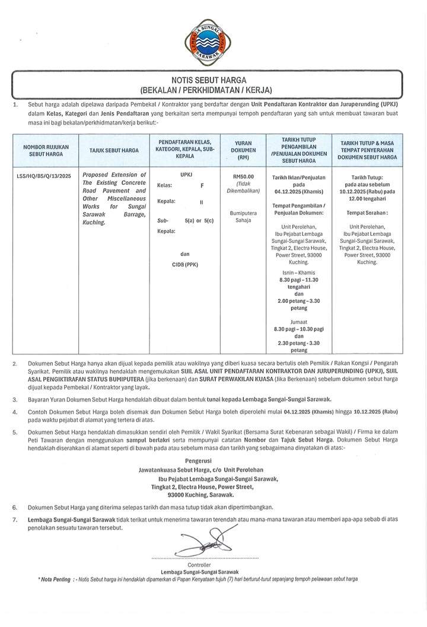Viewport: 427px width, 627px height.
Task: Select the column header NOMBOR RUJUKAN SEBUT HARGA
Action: (46, 150)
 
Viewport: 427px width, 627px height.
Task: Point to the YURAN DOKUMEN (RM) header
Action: (244, 150)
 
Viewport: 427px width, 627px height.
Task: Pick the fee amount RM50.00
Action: (244, 177)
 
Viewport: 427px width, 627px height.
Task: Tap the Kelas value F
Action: (202, 185)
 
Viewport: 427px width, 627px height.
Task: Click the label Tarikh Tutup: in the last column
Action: (367, 177)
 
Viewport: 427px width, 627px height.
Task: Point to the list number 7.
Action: (14, 519)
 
